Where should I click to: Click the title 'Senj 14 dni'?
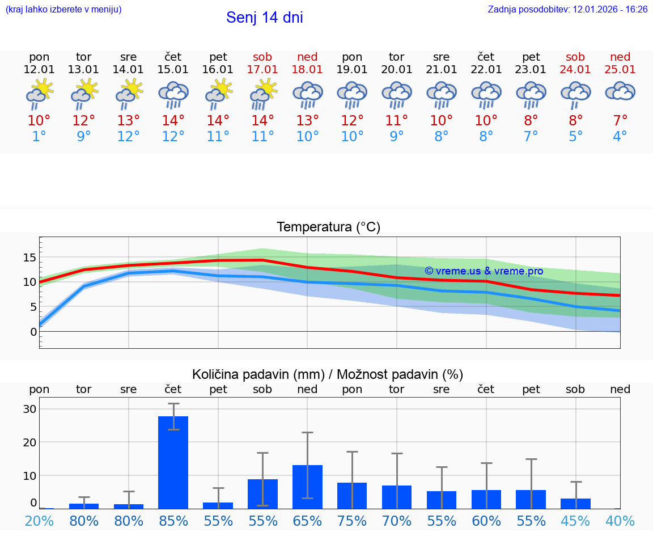[x=265, y=18]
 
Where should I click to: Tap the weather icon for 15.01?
[x=173, y=95]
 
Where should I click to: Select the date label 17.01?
[x=262, y=70]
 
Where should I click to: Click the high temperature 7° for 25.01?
[x=620, y=121]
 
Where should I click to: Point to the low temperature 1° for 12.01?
[x=39, y=137]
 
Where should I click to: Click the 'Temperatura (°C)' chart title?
[x=328, y=227]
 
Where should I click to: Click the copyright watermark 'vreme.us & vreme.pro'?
[x=484, y=271]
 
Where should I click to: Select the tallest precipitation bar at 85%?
[x=173, y=462]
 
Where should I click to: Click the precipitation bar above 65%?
[x=307, y=487]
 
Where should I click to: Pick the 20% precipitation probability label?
[x=39, y=521]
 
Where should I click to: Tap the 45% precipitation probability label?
[x=575, y=521]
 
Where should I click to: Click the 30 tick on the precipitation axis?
[x=29, y=409]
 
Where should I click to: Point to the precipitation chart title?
[x=328, y=374]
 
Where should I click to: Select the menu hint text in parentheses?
[x=63, y=10]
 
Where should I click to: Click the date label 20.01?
[x=397, y=70]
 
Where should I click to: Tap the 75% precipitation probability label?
[x=352, y=521]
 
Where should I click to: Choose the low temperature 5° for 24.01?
[x=575, y=137]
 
